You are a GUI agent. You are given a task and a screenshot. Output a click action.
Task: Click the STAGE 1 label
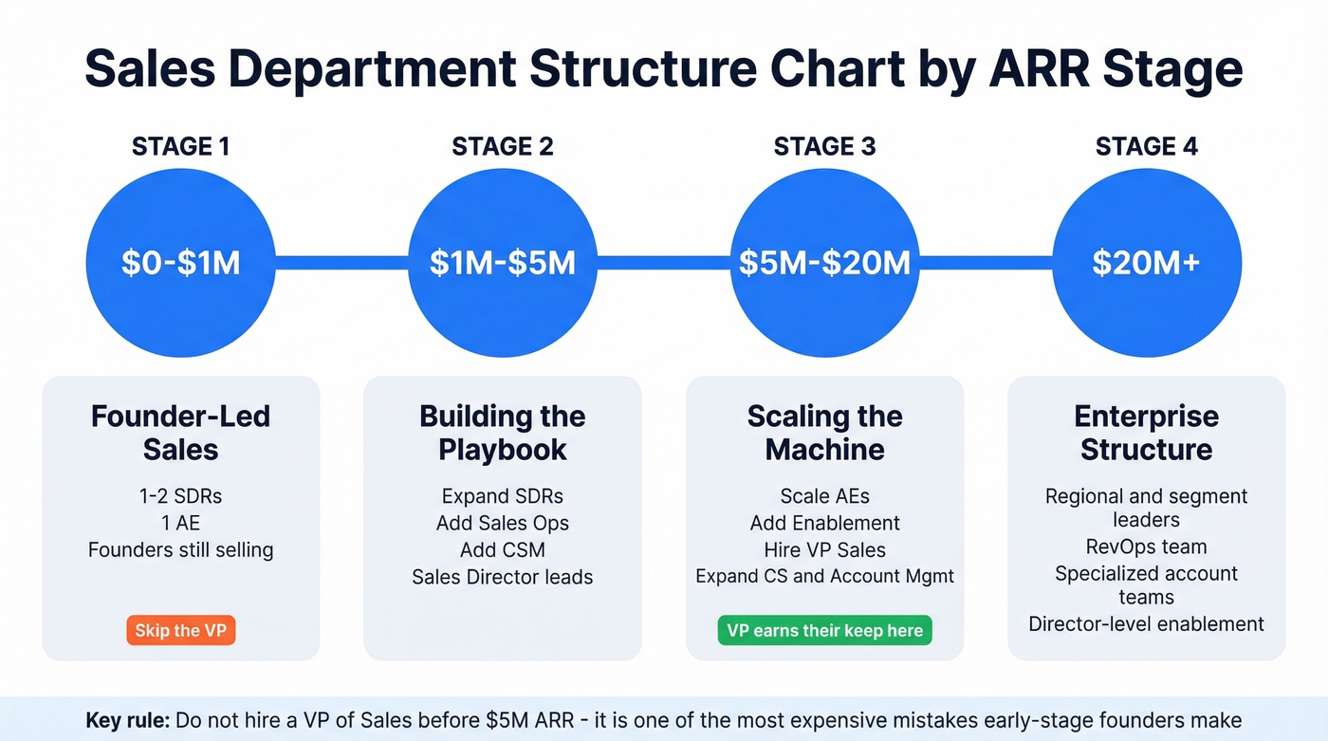click(x=180, y=146)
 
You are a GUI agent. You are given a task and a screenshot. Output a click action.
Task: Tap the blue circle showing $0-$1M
click(x=180, y=263)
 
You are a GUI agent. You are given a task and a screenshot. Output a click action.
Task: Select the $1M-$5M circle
click(x=502, y=263)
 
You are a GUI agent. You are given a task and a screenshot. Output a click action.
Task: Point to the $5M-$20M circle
click(x=824, y=263)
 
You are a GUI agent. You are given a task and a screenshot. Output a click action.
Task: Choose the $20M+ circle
click(x=1146, y=263)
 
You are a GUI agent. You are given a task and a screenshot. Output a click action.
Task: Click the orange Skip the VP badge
click(x=180, y=630)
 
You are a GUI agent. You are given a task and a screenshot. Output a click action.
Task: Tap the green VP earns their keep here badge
click(x=824, y=630)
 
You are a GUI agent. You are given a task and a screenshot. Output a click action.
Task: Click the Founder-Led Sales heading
click(x=180, y=432)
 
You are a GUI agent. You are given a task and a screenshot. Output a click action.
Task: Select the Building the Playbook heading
click(x=502, y=432)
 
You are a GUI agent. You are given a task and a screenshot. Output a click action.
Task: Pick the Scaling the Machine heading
click(x=824, y=432)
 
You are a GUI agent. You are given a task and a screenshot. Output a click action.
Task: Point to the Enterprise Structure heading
click(x=1146, y=432)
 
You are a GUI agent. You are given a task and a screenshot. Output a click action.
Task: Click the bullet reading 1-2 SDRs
click(x=180, y=496)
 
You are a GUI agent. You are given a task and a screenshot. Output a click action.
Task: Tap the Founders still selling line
click(x=180, y=549)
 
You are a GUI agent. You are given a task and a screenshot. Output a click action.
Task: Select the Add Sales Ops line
click(x=502, y=523)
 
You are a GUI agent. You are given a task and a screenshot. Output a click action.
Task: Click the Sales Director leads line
click(x=502, y=576)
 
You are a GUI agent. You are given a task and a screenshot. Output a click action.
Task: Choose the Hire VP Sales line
click(x=824, y=549)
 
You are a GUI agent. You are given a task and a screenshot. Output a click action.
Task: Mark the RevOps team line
click(x=1146, y=546)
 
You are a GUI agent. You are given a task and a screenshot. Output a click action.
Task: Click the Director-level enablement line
click(x=1146, y=623)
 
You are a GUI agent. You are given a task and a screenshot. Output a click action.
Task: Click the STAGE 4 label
click(x=1146, y=146)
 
